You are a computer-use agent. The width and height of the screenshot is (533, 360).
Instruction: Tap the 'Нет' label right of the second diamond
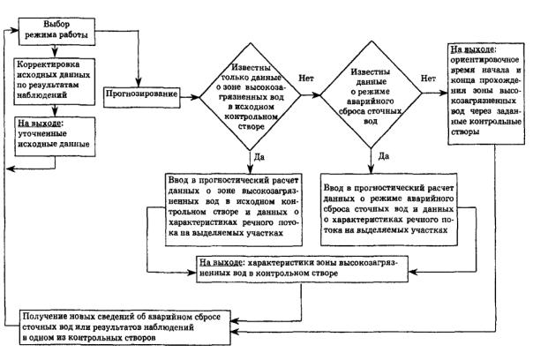pyautogui.click(x=427, y=78)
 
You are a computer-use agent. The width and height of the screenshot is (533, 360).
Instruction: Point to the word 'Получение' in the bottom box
pyautogui.click(x=52, y=316)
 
